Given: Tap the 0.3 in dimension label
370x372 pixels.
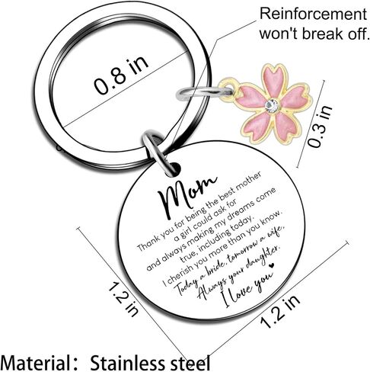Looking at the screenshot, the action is point(320,126).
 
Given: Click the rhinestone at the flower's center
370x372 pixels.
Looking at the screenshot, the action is point(273,105).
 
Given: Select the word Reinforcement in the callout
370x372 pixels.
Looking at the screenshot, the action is point(313,14).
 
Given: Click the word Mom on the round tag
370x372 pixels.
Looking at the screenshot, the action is point(187,196).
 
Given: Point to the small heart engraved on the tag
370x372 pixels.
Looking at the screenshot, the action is point(272,265).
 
